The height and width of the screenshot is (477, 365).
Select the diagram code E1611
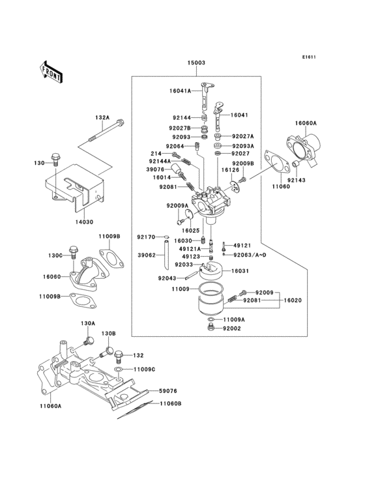pyautogui.click(x=308, y=57)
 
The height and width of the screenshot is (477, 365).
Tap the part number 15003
pyautogui.click(x=197, y=63)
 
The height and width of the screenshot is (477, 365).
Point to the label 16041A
pyautogui.click(x=180, y=92)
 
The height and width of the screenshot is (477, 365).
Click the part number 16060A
pyautogui.click(x=305, y=123)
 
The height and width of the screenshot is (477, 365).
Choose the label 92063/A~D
pyautogui.click(x=250, y=255)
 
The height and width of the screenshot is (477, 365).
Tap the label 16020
pyautogui.click(x=293, y=300)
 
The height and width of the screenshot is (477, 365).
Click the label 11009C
pyautogui.click(x=145, y=369)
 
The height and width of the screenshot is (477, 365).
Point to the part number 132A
pyautogui.click(x=102, y=118)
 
